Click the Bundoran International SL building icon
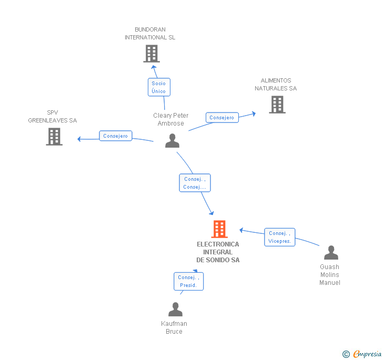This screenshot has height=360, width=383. pos(152,54)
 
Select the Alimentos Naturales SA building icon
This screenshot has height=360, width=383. pos(277,105)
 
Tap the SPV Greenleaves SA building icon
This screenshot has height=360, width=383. pos(54,137)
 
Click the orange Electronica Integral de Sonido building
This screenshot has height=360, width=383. pos(219,229)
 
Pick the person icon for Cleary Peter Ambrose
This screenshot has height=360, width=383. pos(172,141)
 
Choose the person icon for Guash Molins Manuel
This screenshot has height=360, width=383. pos(331,253)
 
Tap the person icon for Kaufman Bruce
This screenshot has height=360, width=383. pos(175,310)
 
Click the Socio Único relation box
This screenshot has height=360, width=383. pos(158,87)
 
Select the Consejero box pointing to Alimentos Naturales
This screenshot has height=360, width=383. pos(222,118)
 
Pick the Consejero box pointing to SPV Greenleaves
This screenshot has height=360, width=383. pos(115,136)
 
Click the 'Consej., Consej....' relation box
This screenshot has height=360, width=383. pos(195,183)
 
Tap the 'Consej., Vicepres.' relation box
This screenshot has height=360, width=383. pos(279,237)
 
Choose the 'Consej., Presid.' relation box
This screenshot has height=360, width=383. pos(188,281)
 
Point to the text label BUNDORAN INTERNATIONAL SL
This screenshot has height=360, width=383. pos(150,34)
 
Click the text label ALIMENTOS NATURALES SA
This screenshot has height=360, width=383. pos(276,85)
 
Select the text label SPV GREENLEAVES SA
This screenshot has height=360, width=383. pos(53,116)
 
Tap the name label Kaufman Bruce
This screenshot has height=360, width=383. pos(174,327)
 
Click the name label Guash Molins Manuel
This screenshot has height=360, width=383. pos(330,275)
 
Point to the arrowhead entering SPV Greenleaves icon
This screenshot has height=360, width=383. pos(79,139)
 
